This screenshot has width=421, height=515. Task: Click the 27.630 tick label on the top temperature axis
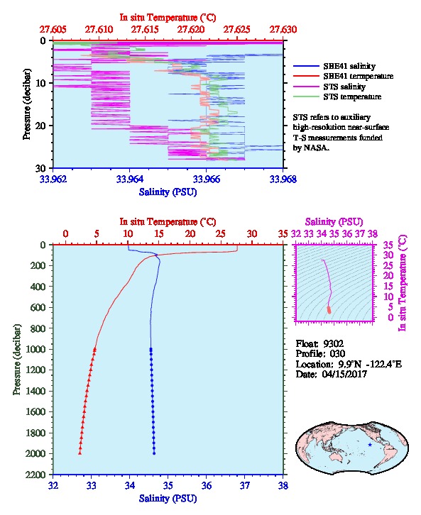pyautogui.click(x=283, y=30)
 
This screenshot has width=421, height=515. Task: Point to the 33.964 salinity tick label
pyautogui.click(x=129, y=179)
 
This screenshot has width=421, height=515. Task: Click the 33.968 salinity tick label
pyautogui.click(x=283, y=179)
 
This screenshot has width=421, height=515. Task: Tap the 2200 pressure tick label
pyautogui.click(x=35, y=475)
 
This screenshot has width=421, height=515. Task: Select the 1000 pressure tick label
pyautogui.click(x=35, y=349)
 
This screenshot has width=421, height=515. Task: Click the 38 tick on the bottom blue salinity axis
pyautogui.click(x=283, y=485)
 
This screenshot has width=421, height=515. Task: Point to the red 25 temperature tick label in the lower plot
pyautogui.click(x=221, y=234)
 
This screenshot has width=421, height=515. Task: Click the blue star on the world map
pyautogui.click(x=370, y=445)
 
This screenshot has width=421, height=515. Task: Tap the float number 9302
pyautogui.click(x=333, y=344)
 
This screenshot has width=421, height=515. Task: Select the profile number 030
pyautogui.click(x=337, y=354)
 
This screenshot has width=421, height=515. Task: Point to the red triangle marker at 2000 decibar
pyautogui.click(x=80, y=453)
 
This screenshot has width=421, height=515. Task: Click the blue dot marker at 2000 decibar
pyautogui.click(x=154, y=453)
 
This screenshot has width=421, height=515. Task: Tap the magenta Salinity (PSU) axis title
pyautogui.click(x=334, y=222)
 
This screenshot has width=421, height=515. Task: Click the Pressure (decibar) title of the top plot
pyautogui.click(x=27, y=104)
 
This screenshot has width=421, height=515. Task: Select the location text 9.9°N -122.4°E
pyautogui.click(x=370, y=364)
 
